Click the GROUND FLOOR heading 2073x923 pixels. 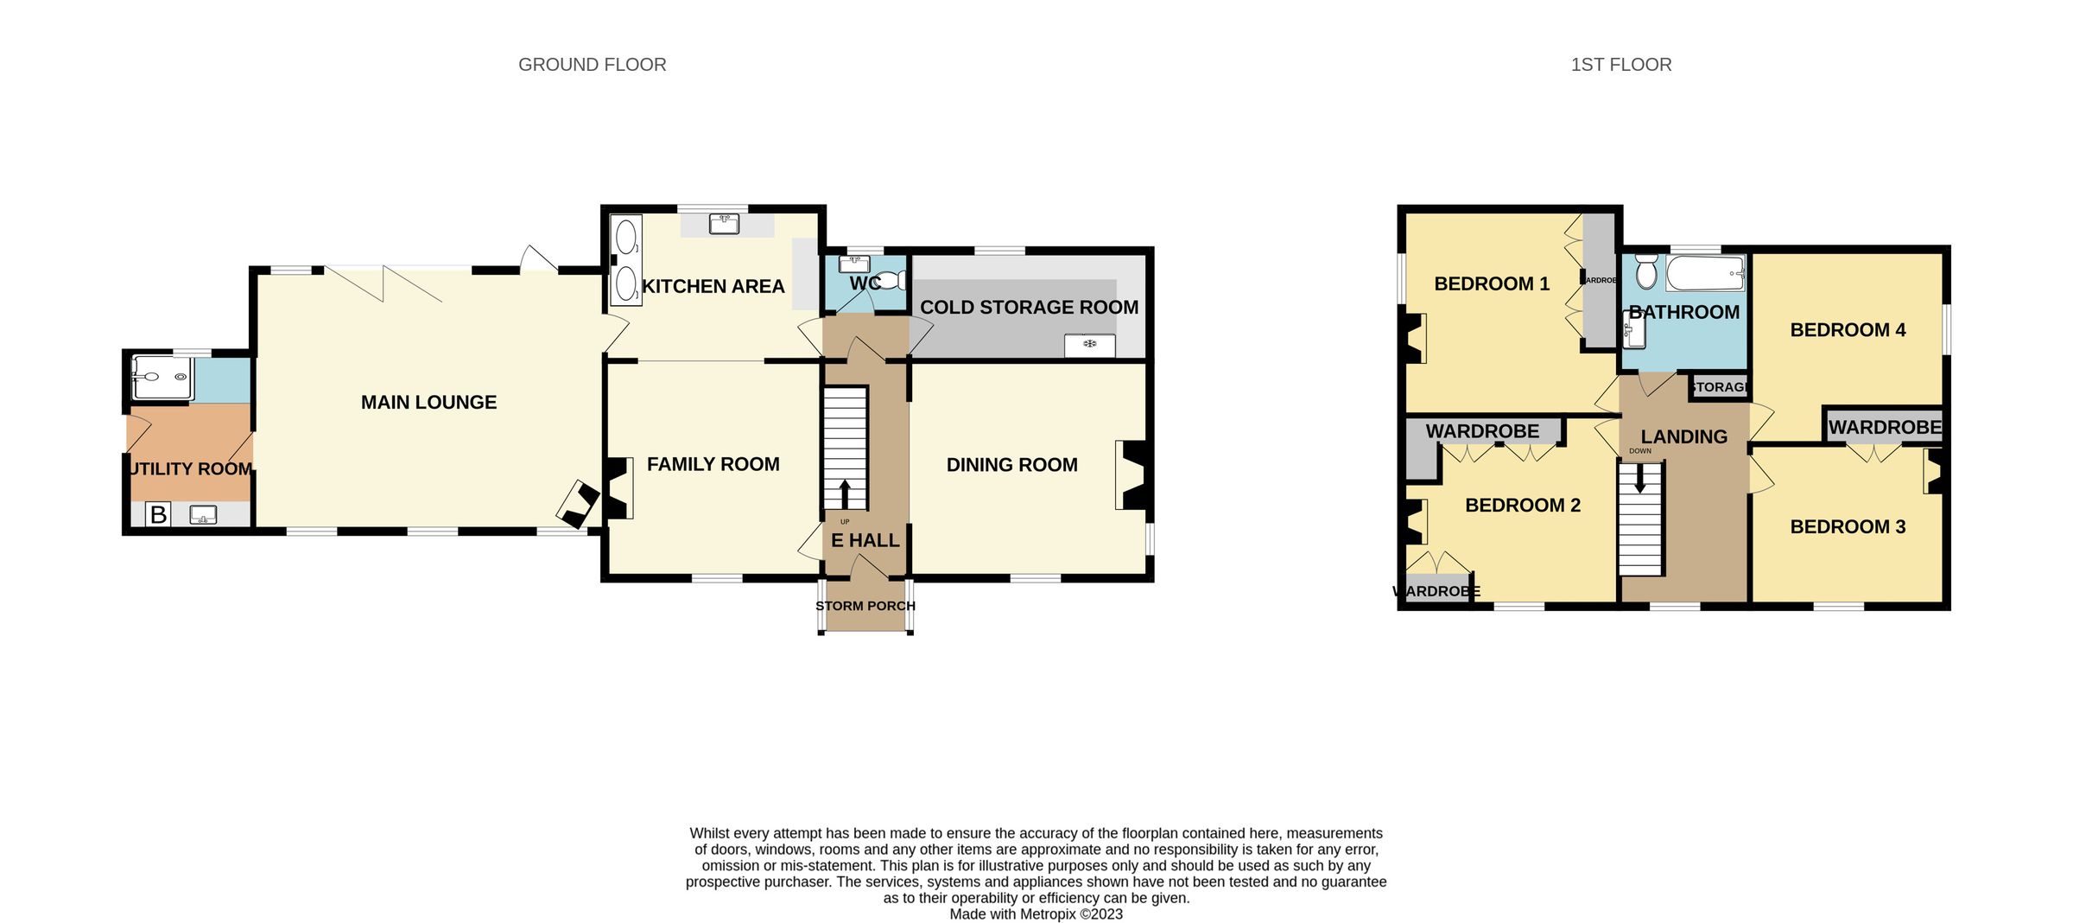592,65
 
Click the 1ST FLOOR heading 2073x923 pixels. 1620,65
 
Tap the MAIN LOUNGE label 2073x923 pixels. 428,402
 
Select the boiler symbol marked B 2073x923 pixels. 158,515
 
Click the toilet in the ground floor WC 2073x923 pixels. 893,281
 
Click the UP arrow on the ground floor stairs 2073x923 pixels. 845,494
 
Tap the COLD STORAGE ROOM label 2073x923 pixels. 1029,307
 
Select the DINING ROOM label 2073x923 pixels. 1011,465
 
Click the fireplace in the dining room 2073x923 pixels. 1134,475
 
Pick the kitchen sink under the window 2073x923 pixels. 724,225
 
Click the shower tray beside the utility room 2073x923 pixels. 162,378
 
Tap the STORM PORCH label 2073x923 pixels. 865,606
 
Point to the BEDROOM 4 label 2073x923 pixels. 1847,330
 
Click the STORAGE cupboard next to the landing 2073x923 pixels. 1719,387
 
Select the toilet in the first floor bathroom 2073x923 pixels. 1645,272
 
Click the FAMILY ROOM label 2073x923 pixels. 713,465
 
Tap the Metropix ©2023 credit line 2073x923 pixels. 1036,913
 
